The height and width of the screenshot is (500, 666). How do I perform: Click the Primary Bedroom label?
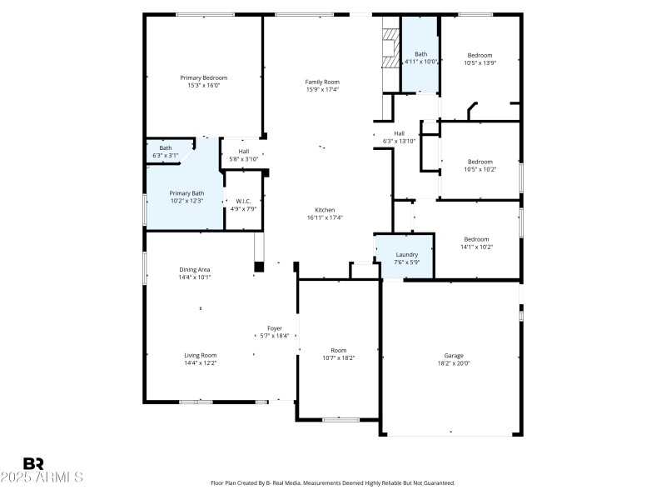[204, 77]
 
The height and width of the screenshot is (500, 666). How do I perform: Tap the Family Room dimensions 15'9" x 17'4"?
[322, 90]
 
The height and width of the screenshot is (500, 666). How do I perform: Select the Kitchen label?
[325, 209]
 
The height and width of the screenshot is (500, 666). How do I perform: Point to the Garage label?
[454, 355]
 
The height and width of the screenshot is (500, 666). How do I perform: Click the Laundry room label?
[406, 254]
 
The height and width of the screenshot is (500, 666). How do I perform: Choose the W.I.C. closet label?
[244, 201]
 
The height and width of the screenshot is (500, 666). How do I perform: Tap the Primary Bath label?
[186, 192]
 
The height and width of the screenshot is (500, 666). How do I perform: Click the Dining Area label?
[194, 269]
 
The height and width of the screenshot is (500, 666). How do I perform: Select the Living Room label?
[200, 355]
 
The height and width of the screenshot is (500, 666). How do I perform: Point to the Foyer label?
[275, 327]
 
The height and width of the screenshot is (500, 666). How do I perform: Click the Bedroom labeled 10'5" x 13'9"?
[480, 55]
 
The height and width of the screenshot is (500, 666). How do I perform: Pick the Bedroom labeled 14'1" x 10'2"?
[476, 238]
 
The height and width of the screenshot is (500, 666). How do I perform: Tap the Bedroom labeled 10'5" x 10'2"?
[480, 162]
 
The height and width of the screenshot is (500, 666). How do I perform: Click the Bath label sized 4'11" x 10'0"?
[420, 54]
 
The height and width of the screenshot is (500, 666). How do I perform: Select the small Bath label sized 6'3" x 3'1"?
[166, 147]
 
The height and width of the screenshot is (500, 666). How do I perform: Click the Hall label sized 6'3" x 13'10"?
[399, 133]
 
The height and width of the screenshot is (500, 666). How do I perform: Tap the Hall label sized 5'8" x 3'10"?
[244, 151]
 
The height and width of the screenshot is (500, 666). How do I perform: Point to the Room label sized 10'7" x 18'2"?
[338, 350]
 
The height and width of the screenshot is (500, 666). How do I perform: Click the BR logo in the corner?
[33, 463]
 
